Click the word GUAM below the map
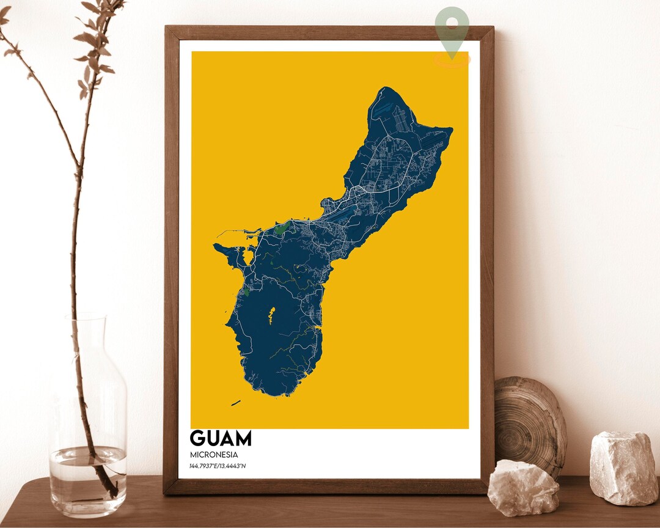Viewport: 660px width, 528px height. pyautogui.click(x=220, y=438)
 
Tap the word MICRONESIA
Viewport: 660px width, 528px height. pyautogui.click(x=214, y=455)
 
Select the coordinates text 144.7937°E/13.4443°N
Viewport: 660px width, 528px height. pyautogui.click(x=218, y=466)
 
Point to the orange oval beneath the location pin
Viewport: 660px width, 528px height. pyautogui.click(x=452, y=59)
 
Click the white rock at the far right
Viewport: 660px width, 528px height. pyautogui.click(x=624, y=468)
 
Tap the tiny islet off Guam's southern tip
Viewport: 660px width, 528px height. pyautogui.click(x=236, y=403)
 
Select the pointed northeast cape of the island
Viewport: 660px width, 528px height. pyautogui.click(x=450, y=130)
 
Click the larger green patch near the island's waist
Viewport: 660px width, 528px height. pyautogui.click(x=282, y=229)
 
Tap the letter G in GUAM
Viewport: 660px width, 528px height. pyautogui.click(x=198, y=438)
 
